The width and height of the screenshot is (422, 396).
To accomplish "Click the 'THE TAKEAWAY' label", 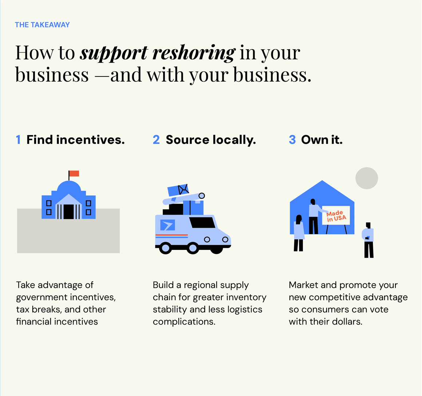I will pyautogui.click(x=42, y=25).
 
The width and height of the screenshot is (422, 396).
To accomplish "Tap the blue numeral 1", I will pyautogui.click(x=18, y=140).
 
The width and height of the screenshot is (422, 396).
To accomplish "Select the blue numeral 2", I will pyautogui.click(x=156, y=140).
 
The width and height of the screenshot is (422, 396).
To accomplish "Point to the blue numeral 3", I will pyautogui.click(x=292, y=140).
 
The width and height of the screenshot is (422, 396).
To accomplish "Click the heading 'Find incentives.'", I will pyautogui.click(x=75, y=140).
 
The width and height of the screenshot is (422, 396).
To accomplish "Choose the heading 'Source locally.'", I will pyautogui.click(x=210, y=140).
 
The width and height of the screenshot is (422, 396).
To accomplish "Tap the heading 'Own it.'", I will pyautogui.click(x=322, y=140).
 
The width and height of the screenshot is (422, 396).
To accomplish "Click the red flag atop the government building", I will pyautogui.click(x=74, y=173).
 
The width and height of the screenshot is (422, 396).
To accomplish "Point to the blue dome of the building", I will pyautogui.click(x=69, y=188).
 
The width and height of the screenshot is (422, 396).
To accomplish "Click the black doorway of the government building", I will pyautogui.click(x=68, y=211).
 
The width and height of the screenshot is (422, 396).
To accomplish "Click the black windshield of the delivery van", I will pyautogui.click(x=202, y=222).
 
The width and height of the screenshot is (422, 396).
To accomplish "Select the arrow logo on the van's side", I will pyautogui.click(x=167, y=225).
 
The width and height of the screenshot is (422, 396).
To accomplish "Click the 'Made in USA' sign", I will pyautogui.click(x=336, y=216).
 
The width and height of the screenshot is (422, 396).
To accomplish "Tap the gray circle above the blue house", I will pyautogui.click(x=367, y=178).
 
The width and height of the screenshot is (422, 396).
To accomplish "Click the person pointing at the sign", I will pyautogui.click(x=313, y=216).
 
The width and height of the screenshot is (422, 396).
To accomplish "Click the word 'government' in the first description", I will pyautogui.click(x=42, y=297).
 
